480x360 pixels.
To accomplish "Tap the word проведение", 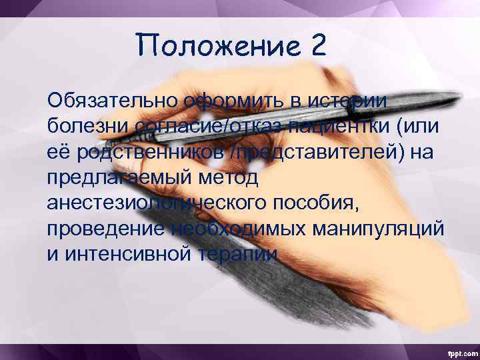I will [106, 229].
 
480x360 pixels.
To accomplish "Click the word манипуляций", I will [373, 229].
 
